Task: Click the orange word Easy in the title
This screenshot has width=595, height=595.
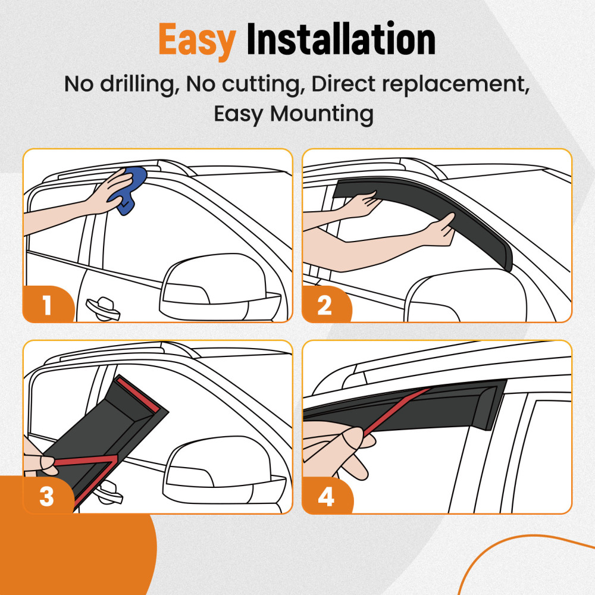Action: click(197, 40)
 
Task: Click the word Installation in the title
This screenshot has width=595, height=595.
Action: click(340, 40)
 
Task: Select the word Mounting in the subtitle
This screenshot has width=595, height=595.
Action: click(321, 113)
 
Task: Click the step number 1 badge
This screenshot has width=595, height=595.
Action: click(47, 306)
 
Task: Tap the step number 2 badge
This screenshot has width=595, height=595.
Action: click(325, 306)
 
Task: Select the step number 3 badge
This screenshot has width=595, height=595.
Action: click(47, 497)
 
